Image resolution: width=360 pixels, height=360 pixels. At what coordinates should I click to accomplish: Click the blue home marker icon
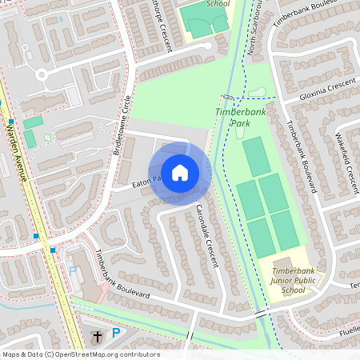(180, 172)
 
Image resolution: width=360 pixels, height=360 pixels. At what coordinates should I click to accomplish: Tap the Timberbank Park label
(239, 118)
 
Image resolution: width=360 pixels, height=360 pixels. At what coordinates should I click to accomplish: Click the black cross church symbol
(97, 336)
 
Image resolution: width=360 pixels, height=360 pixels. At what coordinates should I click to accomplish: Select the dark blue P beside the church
(116, 334)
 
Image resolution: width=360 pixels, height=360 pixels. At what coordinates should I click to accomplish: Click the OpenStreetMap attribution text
(80, 354)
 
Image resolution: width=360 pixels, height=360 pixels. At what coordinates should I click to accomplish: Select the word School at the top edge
(218, 3)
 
